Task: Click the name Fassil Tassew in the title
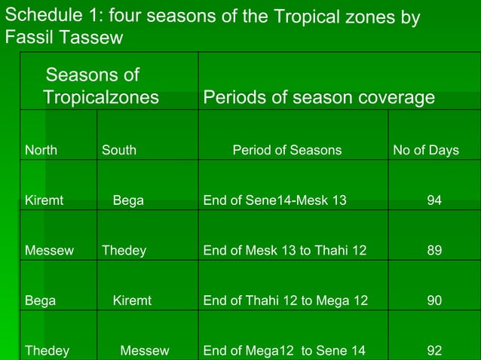pos(64,38)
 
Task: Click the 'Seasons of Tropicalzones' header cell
pos(101,86)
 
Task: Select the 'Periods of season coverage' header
pos(319,98)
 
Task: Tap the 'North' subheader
pos(41,150)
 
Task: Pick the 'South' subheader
pos(119,150)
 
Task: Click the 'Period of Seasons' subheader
pos(286,150)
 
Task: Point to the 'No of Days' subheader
pos(426,150)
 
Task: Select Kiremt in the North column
pos(44,200)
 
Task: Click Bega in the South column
pos(128,200)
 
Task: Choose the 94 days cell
pos(434,200)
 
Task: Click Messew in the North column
pos(49,250)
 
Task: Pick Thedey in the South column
pos(124,250)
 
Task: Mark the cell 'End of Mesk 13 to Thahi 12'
pos(285,250)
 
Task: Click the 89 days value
pos(434,250)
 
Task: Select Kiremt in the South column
pos(132,301)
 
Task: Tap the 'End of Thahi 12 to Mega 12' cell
pos(286,301)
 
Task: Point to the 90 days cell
pos(434,301)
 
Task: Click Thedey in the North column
pos(47,350)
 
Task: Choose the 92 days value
pos(434,350)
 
